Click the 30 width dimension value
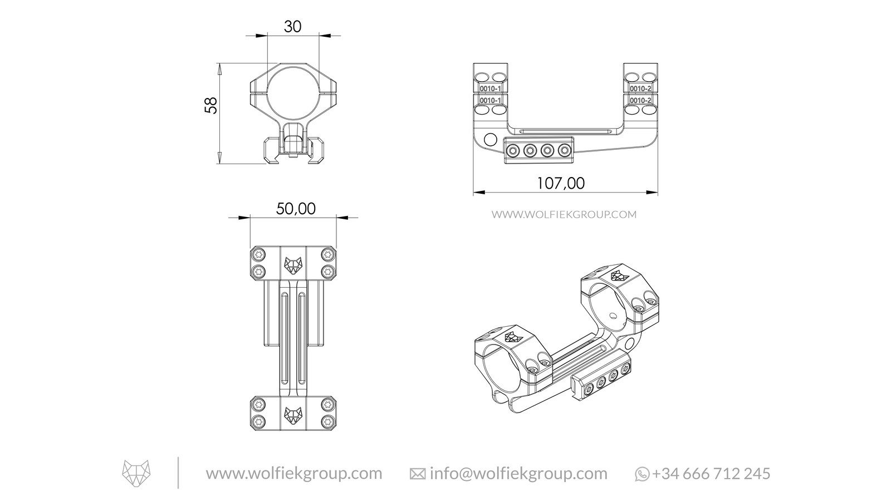point(292,26)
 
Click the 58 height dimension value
point(210,105)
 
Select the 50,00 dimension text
point(296,209)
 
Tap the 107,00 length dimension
point(560,183)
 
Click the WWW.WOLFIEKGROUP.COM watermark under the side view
point(564,214)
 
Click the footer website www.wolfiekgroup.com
point(294,474)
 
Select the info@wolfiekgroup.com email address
point(518,474)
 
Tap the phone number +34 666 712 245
point(711,474)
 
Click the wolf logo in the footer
point(136,473)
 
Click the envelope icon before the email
point(417,474)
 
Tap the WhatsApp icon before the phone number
point(642,474)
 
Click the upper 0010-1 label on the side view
point(491,89)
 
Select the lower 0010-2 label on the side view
point(640,100)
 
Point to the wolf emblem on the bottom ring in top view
point(293,414)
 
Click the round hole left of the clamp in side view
point(491,139)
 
